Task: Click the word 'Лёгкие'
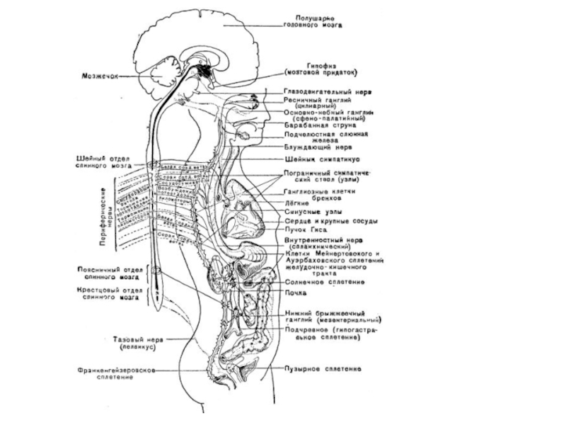click(x=295, y=201)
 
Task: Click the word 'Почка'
click(x=295, y=292)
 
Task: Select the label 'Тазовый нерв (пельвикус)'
click(x=137, y=343)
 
